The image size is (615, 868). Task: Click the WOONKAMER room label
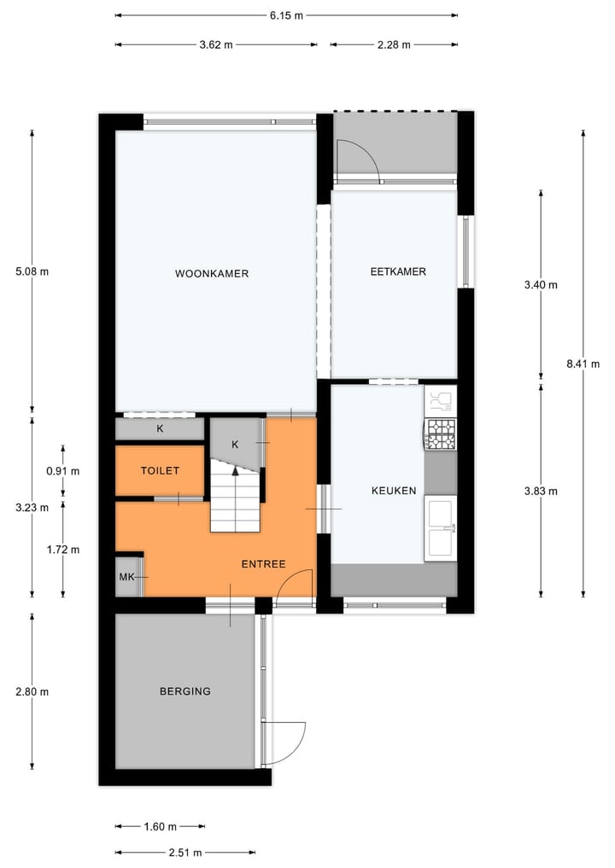click(212, 274)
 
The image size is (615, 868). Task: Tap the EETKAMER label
click(398, 272)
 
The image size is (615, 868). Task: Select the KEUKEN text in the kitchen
click(394, 491)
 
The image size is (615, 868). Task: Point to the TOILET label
click(161, 471)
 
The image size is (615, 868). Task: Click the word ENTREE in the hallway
click(263, 564)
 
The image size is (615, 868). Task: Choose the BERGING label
click(184, 691)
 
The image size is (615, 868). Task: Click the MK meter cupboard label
click(126, 578)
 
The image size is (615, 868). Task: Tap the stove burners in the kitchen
click(441, 434)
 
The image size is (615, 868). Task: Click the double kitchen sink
click(441, 527)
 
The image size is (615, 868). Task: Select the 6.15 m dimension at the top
click(287, 15)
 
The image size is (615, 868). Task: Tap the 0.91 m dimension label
click(63, 471)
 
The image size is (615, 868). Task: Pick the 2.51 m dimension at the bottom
click(185, 852)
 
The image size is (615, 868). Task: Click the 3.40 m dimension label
click(541, 285)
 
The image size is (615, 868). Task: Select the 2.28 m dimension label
click(394, 44)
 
